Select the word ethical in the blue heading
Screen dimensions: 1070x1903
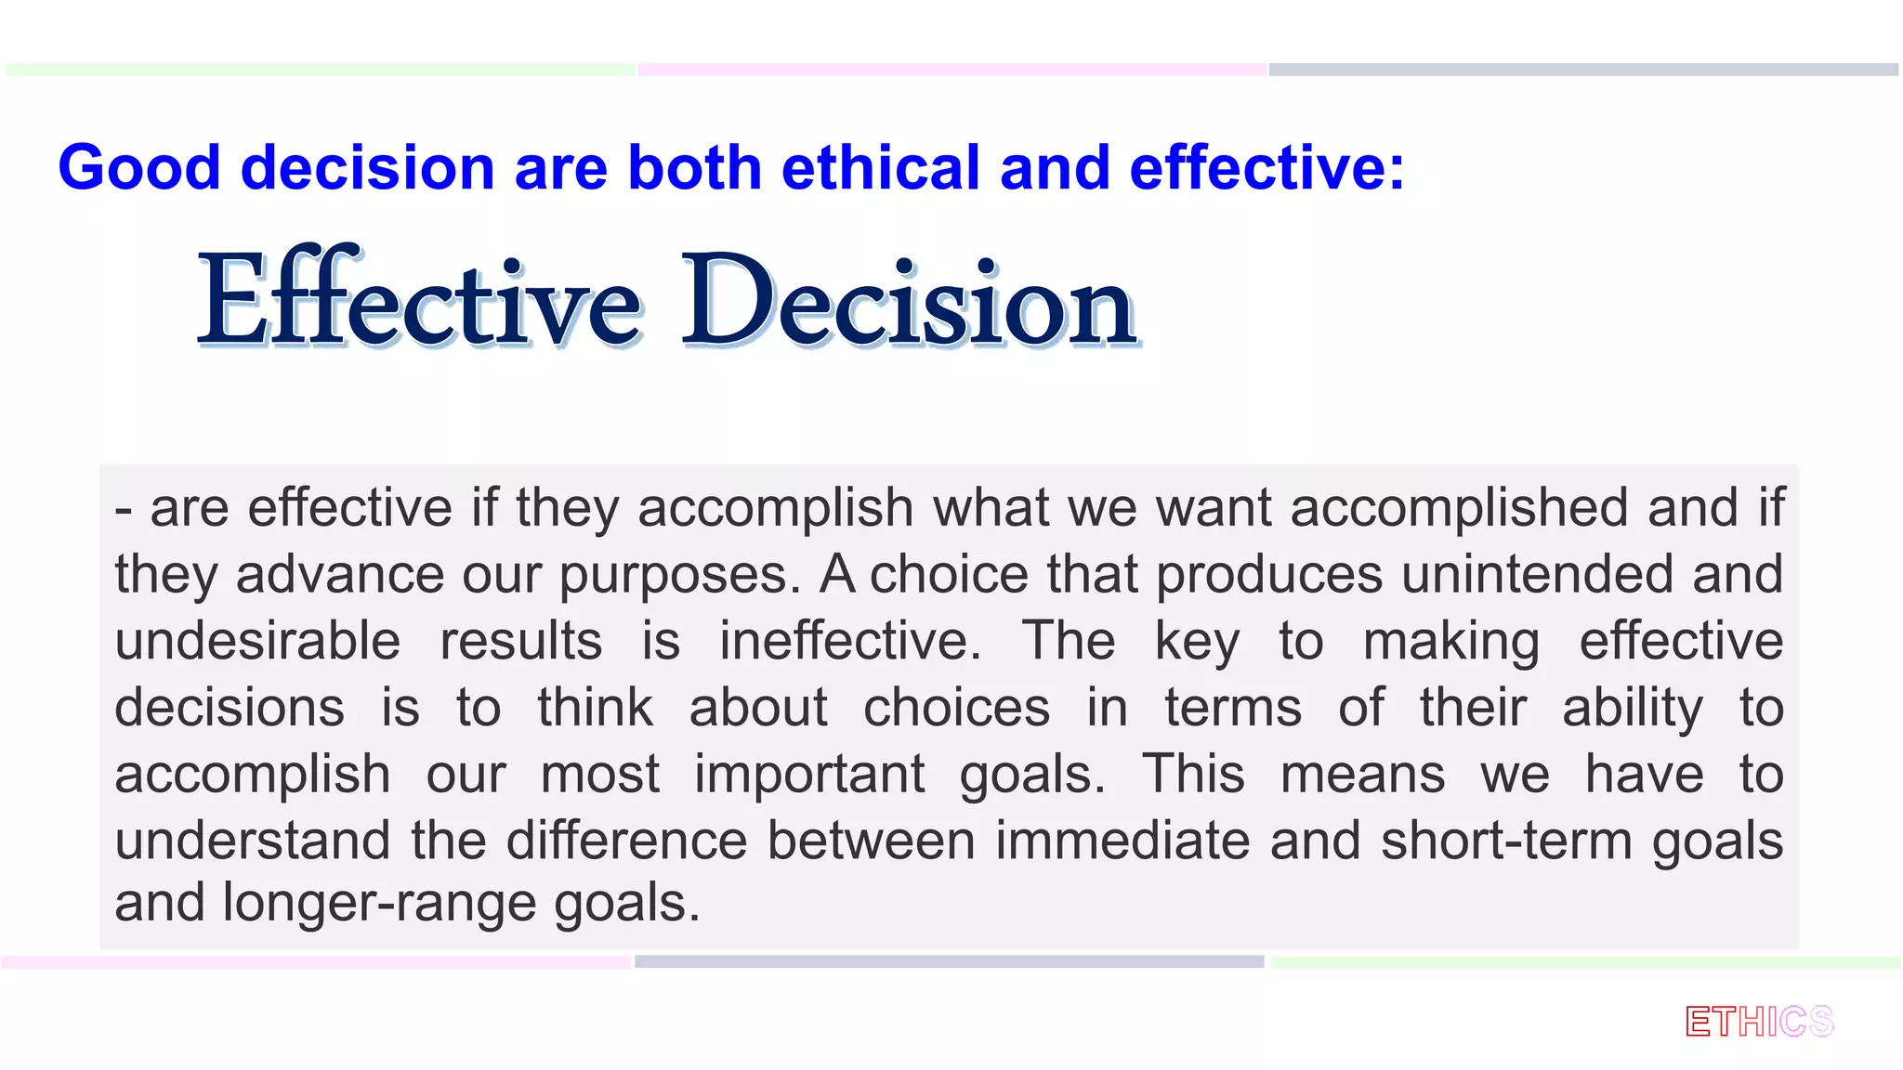tap(881, 168)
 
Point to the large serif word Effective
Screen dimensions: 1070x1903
tap(419, 301)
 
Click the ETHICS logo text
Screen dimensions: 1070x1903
tap(1759, 1022)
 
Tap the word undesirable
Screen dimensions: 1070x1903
tap(257, 642)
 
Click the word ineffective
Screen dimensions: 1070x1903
tap(849, 642)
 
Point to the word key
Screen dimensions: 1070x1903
tap(1197, 642)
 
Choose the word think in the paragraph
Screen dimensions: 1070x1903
tap(595, 708)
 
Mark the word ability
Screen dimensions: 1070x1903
tap(1633, 708)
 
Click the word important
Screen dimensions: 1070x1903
tap(809, 775)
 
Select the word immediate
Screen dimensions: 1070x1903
tap(1123, 842)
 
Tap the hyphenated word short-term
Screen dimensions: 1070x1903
tap(1506, 842)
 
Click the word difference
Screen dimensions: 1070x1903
tap(626, 842)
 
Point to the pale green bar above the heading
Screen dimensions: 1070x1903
tap(321, 70)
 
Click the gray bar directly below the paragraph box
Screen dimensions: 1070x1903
tap(949, 962)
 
